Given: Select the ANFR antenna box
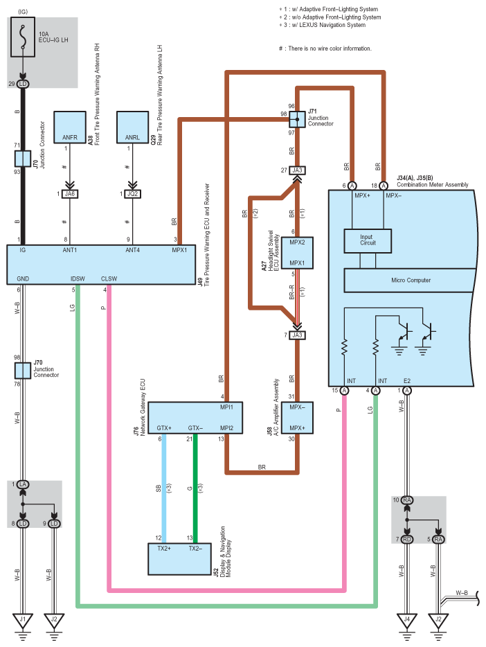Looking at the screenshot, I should [69, 126].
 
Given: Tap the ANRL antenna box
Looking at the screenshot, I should [134, 126].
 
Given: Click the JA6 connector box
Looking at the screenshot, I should [69, 194].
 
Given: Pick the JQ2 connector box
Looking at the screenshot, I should [134, 194].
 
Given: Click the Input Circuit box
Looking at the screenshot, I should [366, 240].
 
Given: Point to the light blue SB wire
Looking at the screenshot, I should [163, 488].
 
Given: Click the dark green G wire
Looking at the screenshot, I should [195, 488].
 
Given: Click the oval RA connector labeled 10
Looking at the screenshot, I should [407, 499].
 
